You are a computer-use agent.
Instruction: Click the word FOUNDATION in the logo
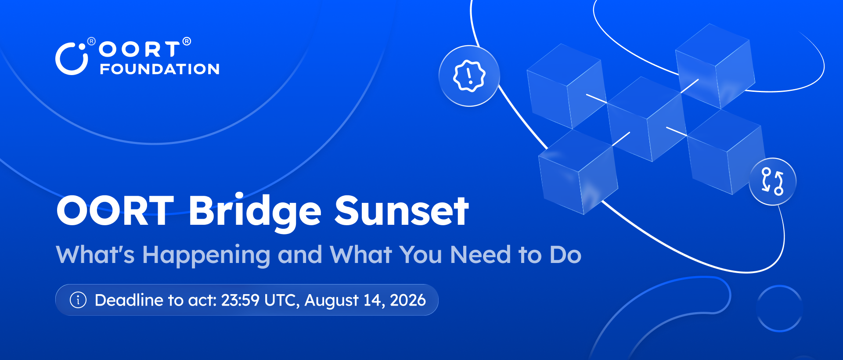[160, 69]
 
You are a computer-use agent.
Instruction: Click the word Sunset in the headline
[402, 211]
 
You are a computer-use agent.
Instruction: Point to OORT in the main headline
[115, 211]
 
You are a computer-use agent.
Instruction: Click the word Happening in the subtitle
[206, 256]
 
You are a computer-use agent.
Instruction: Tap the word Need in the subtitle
[480, 255]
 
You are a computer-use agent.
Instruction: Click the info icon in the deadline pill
[78, 300]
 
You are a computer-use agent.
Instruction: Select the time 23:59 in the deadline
[240, 300]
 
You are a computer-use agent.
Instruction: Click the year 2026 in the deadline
[408, 300]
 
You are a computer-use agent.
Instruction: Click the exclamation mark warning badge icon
[469, 76]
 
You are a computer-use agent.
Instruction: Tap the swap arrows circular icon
[773, 181]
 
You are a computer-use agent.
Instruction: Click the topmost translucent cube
[715, 66]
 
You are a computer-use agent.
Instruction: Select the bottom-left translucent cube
[578, 172]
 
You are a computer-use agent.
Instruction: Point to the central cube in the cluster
[646, 119]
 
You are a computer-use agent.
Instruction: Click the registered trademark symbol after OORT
[187, 41]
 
